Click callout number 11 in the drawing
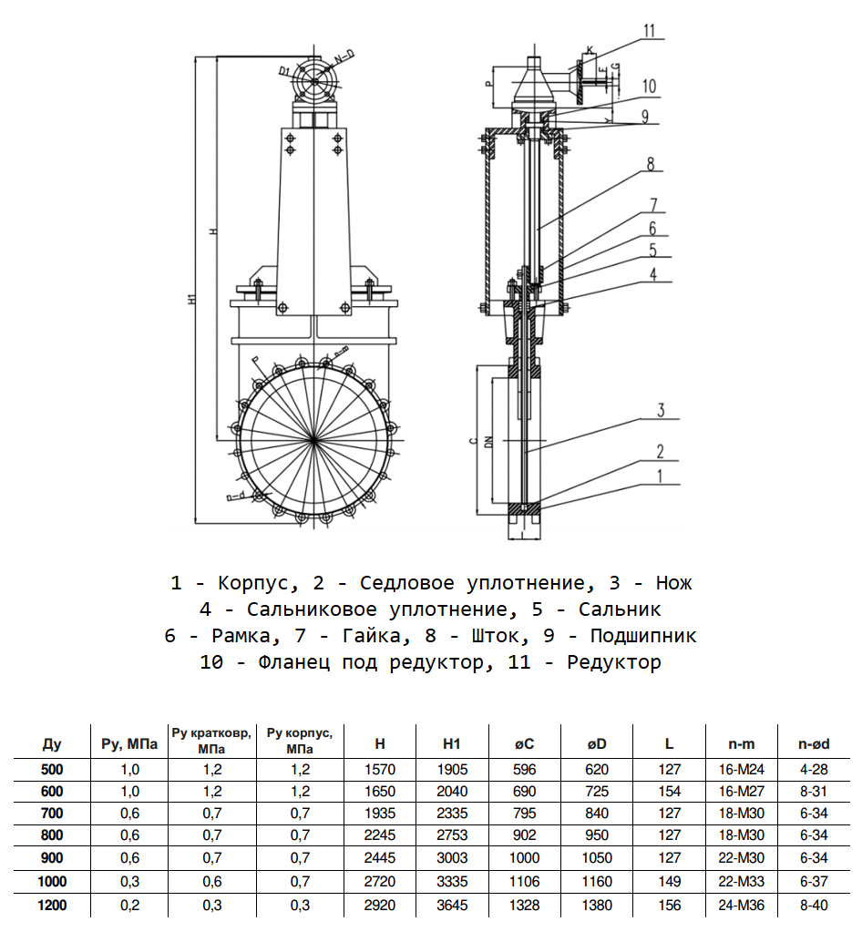coord(649,30)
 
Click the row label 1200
coord(53,906)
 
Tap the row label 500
coord(53,769)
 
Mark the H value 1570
coord(380,769)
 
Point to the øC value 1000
coord(525,859)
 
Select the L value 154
coord(670,792)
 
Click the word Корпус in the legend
coord(251,583)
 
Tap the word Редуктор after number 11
coord(614,663)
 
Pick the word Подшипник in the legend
coord(643,636)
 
